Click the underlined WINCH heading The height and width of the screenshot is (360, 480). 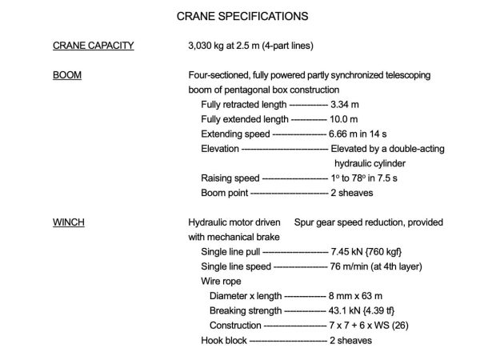click(x=69, y=222)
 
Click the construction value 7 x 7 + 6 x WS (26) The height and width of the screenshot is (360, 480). click(x=376, y=325)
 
